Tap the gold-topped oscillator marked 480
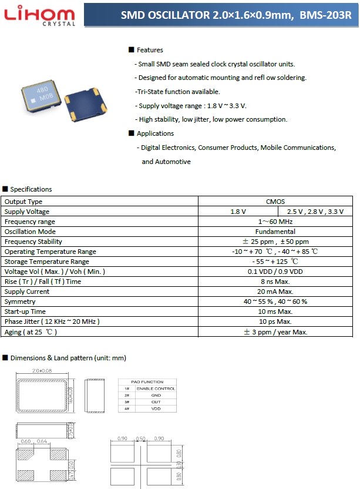42,95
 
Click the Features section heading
150,50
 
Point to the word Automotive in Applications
166,162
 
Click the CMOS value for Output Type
275,202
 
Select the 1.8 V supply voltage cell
238,212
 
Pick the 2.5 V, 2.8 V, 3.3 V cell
315,212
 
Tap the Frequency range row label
30,222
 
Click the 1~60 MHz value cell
275,222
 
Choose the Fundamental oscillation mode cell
275,232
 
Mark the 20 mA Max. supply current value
275,292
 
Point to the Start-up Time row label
25,312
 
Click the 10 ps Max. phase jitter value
275,321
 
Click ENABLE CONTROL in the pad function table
156,388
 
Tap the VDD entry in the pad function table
156,408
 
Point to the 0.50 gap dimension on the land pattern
140,438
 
